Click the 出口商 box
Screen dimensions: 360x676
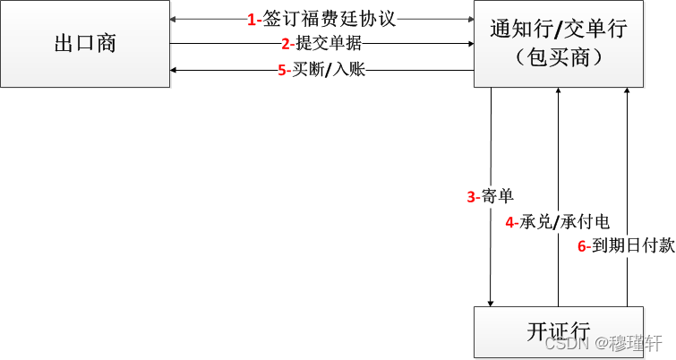coord(85,43)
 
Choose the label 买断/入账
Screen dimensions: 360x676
coord(328,70)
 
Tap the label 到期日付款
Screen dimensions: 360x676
coord(639,245)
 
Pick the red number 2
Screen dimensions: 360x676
coord(286,44)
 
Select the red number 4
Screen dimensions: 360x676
coord(509,222)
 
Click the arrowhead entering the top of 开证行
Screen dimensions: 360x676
coord(491,303)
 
